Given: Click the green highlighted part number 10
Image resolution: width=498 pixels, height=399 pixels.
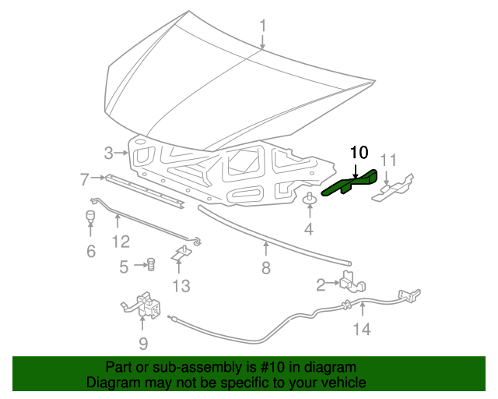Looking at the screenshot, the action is click(x=349, y=183).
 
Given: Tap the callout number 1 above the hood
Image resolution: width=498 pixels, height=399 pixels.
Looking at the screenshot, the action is click(x=263, y=26).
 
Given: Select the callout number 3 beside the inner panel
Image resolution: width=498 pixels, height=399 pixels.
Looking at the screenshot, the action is click(x=108, y=153).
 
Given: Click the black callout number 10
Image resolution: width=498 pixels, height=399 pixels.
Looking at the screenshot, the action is click(x=359, y=153).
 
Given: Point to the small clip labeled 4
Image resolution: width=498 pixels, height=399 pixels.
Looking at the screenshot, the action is click(x=310, y=199).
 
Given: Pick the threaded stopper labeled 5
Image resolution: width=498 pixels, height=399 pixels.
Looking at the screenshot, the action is click(x=151, y=264).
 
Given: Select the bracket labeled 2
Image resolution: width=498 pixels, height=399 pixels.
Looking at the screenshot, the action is click(x=352, y=281).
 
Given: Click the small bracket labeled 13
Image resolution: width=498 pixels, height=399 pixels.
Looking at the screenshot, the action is click(x=182, y=253).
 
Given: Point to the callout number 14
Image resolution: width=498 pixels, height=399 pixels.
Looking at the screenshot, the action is click(x=362, y=329).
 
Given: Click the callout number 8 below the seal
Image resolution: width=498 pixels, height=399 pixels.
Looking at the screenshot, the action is click(x=266, y=268).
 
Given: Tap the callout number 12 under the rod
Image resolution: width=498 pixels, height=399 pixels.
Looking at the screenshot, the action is click(x=121, y=242).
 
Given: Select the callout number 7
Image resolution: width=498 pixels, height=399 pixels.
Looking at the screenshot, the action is click(x=84, y=179).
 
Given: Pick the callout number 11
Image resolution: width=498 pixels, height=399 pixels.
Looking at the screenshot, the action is click(x=388, y=160).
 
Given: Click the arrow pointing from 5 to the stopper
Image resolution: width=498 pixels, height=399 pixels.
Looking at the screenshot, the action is click(x=140, y=265).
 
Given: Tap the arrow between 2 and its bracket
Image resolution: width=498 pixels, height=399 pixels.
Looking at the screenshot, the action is click(x=334, y=283).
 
